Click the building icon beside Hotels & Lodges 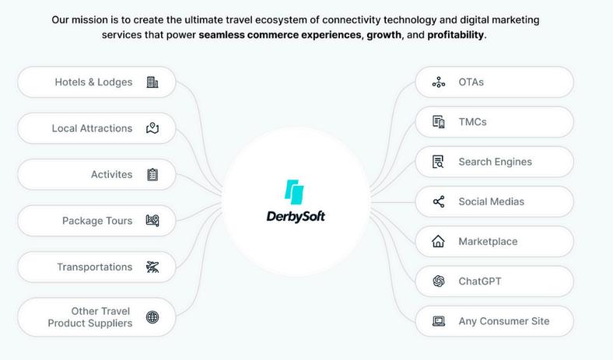tap(152, 82)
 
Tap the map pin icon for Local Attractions tap(152, 128)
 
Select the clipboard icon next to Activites tap(152, 175)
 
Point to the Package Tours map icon tap(152, 221)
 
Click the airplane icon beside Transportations tap(152, 267)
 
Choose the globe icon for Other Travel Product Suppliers tap(152, 317)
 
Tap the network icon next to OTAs tap(439, 82)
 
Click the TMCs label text tap(472, 122)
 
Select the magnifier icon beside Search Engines tap(439, 163)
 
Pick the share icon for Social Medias tap(439, 202)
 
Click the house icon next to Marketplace tap(439, 242)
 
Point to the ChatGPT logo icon tap(439, 281)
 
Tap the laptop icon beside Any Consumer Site tap(439, 321)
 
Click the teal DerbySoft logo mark tap(294, 191)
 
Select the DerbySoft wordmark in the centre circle tap(296, 216)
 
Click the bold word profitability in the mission tap(456, 35)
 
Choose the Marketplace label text tap(488, 242)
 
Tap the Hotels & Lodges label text tap(93, 82)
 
